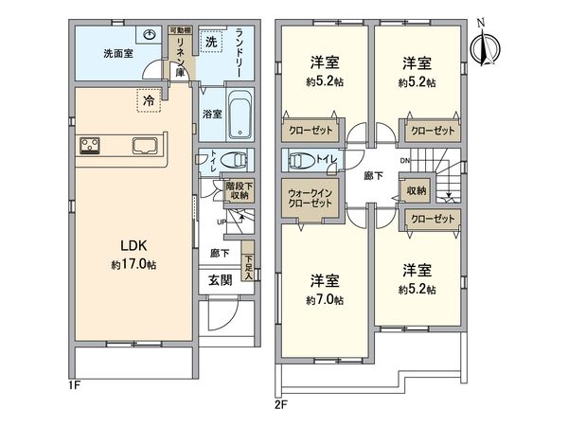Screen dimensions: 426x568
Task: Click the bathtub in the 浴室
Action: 238,112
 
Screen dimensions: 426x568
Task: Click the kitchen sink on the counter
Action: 147,146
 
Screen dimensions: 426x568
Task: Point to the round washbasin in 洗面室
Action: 149,35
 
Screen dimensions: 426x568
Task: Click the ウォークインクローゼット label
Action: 310,199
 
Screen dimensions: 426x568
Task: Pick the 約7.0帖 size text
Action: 324,299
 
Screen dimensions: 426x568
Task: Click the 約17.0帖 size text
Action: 132,265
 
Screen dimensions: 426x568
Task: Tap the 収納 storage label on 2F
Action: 417,190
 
